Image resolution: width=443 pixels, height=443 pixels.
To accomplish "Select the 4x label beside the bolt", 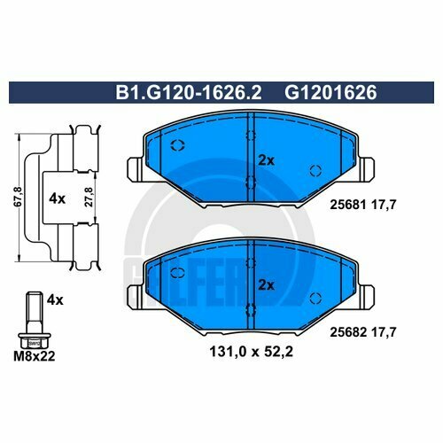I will click(x=55, y=300).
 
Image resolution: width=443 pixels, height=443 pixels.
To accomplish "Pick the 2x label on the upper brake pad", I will click(x=265, y=160).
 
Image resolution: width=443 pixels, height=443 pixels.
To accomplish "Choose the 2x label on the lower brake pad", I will click(x=265, y=284).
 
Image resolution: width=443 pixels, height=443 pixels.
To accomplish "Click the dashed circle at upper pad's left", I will click(x=175, y=147).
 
